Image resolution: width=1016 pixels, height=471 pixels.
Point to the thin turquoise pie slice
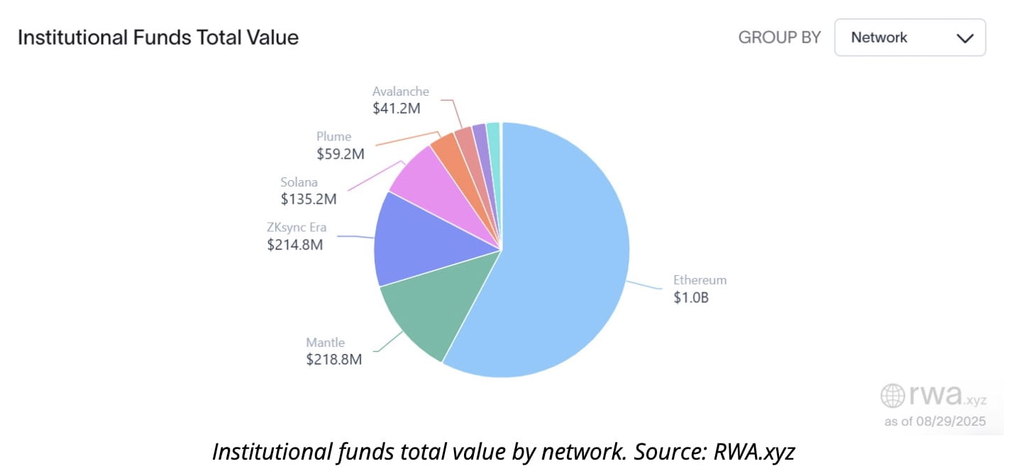point(493,131)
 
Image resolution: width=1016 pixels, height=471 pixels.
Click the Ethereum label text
point(700,279)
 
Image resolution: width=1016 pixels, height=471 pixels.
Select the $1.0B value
point(690,297)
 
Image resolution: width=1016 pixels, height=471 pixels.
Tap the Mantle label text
point(325,342)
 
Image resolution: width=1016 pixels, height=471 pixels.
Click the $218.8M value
point(333,360)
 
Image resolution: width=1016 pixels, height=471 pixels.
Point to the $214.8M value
point(294,245)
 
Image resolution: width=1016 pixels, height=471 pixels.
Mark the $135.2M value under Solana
point(308,199)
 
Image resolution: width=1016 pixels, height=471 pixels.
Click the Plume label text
point(333,136)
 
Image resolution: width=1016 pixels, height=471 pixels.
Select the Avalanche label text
point(400,91)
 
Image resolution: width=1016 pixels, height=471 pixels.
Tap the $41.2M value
point(397,109)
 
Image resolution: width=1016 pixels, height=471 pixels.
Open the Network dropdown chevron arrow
point(965,38)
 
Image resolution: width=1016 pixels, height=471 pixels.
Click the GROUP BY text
point(779,38)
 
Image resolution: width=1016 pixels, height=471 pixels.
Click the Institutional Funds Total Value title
point(158,38)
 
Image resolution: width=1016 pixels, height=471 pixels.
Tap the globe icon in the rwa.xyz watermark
point(892,395)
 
